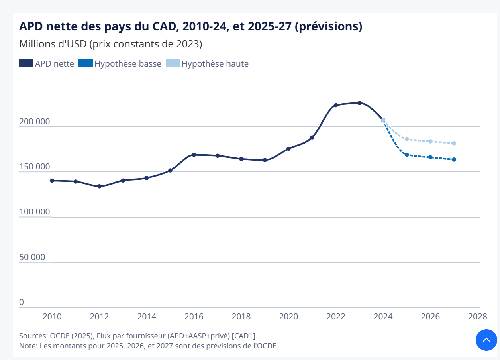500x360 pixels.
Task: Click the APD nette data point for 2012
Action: [x=99, y=186]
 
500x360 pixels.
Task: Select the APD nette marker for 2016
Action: [x=194, y=155]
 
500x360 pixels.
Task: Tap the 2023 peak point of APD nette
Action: [x=359, y=103]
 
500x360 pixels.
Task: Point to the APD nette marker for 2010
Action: [x=52, y=181]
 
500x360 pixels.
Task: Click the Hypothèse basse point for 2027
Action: [x=454, y=160]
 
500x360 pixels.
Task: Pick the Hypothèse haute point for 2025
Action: [x=407, y=139]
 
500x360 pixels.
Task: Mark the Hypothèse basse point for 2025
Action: [x=407, y=155]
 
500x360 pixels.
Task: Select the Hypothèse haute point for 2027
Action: [x=454, y=143]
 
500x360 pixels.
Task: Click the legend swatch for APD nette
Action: [x=26, y=63]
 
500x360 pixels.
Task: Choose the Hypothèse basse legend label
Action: [x=127, y=64]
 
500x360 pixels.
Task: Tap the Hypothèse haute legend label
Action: [x=215, y=64]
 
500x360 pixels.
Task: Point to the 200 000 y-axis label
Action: [x=35, y=122]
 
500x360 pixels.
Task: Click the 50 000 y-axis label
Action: [x=32, y=257]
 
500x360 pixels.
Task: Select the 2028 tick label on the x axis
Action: [x=477, y=317]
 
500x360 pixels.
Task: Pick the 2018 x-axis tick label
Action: [x=241, y=317]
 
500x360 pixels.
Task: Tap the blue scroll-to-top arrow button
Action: [x=486, y=340]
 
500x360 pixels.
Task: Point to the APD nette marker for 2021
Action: [x=312, y=138]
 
